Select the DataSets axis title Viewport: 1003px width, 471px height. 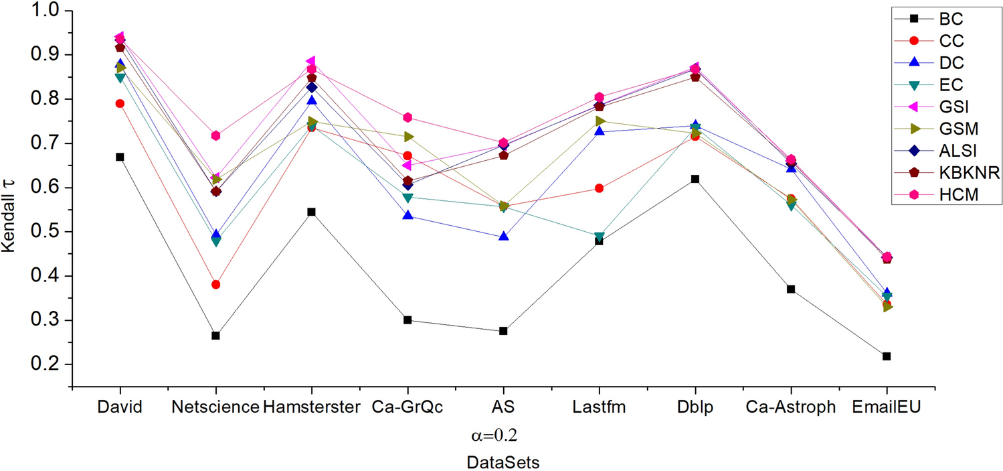tap(503, 462)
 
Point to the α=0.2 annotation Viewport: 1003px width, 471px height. tap(494, 435)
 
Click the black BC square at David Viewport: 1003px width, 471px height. tap(120, 157)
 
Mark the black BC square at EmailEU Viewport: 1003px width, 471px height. tap(887, 356)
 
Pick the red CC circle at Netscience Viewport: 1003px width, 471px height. tap(215, 285)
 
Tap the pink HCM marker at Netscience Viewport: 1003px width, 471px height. tap(215, 135)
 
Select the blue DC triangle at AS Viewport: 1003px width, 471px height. tap(503, 237)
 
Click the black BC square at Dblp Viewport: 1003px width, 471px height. tap(695, 179)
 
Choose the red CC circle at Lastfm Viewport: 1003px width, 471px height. tap(599, 188)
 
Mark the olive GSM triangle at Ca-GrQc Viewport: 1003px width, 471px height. tap(407, 137)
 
